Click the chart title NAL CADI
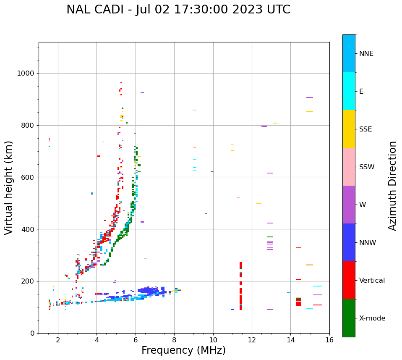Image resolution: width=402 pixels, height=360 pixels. click(178, 10)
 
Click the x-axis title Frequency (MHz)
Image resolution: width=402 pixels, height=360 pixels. click(183, 350)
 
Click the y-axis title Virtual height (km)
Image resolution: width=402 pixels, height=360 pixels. click(9, 187)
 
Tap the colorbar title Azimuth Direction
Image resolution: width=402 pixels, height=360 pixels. click(392, 186)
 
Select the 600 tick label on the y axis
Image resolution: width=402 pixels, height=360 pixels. click(27, 177)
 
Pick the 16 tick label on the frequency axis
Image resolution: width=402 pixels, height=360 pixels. click(329, 340)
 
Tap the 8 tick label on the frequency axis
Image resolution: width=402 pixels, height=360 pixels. click(174, 340)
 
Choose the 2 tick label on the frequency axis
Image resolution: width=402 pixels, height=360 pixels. click(58, 340)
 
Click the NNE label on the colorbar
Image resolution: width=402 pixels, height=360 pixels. click(366, 54)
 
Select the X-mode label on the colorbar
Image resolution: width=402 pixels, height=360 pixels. click(372, 318)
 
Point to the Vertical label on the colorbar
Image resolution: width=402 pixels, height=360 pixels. click(372, 281)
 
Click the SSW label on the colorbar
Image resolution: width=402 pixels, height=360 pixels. click(367, 167)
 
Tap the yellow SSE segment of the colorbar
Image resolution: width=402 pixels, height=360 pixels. click(349, 129)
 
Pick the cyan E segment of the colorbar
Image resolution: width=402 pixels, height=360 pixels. click(349, 91)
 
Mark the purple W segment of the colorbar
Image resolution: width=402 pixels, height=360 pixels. click(349, 205)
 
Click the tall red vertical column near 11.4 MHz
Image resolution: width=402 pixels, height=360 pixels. click(241, 286)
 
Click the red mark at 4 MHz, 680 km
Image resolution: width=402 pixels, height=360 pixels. click(99, 156)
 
